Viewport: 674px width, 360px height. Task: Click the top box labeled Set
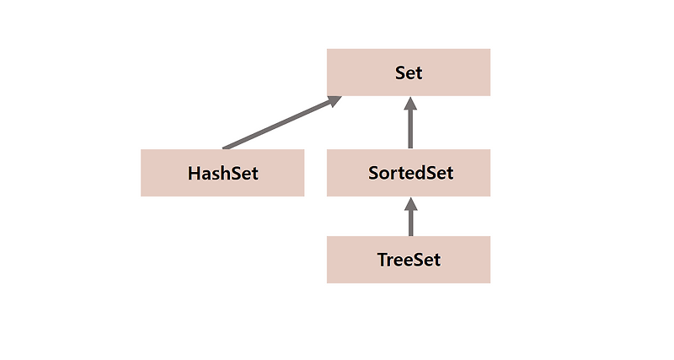coord(409,73)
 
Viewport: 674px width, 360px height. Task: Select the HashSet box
coord(222,173)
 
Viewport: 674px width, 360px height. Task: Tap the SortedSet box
coord(409,173)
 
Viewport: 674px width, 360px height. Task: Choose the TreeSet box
coord(409,259)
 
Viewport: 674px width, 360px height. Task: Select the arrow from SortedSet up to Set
coord(410,126)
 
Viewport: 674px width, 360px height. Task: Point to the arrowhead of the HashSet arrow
coord(333,100)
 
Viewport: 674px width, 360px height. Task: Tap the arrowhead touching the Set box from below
coord(410,104)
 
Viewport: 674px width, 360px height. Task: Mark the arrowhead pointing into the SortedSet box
coord(410,203)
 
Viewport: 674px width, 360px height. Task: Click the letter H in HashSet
coord(194,174)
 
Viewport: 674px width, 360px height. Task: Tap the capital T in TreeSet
coord(382,259)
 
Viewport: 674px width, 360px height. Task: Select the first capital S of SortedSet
coord(373,174)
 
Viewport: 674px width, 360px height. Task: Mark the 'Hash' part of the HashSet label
coord(208,174)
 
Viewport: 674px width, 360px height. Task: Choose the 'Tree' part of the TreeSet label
coord(396,259)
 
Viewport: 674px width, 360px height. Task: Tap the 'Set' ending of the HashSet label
coord(244,174)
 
